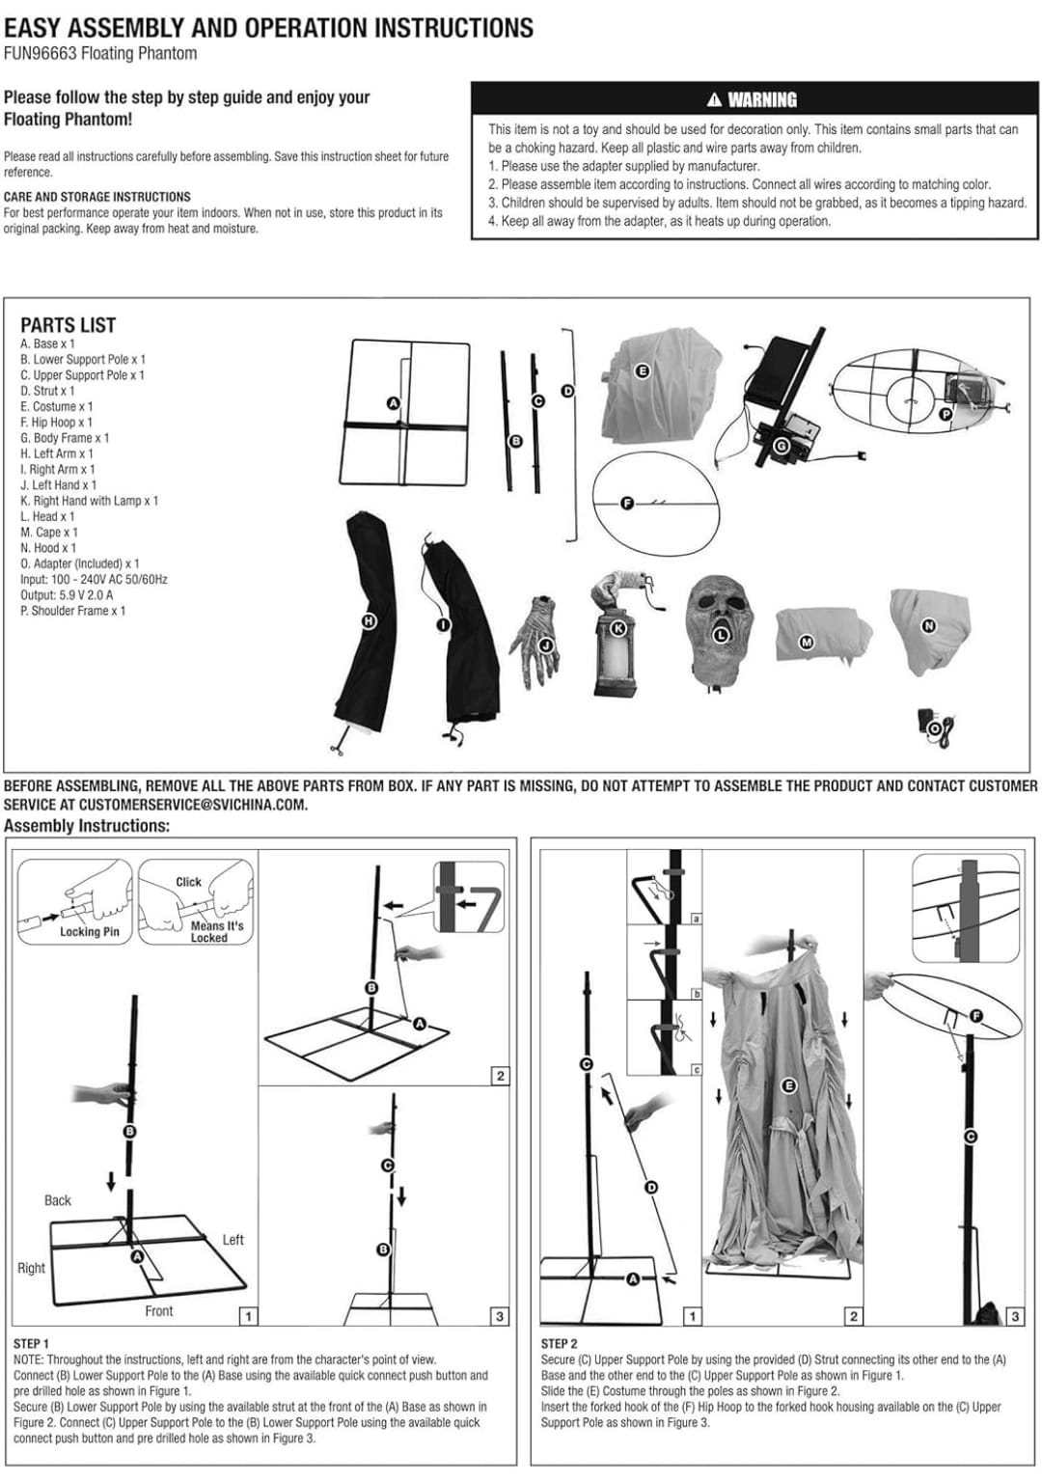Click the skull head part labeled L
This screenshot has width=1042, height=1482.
[x=719, y=633]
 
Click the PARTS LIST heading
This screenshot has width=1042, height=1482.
[x=68, y=325]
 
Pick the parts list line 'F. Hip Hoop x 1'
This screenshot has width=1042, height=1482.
[x=56, y=422]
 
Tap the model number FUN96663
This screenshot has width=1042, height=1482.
[x=40, y=53]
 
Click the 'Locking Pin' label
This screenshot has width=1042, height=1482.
[x=90, y=931]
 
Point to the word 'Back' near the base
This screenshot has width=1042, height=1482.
[x=58, y=1200]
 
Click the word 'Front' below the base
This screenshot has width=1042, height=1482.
[x=159, y=1311]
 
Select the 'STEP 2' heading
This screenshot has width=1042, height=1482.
[x=560, y=1343]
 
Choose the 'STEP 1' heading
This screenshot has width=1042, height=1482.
[x=32, y=1343]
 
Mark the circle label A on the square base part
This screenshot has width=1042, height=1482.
[x=393, y=403]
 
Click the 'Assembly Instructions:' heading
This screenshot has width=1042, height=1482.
[x=87, y=826]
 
